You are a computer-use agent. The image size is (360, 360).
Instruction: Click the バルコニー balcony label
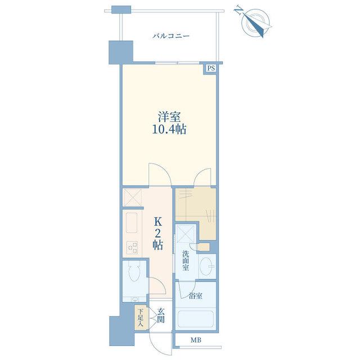point(171,36)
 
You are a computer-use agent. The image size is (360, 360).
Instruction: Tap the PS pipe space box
point(211,68)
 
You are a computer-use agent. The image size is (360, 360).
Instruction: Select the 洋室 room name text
point(169,117)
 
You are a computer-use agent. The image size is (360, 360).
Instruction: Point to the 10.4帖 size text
point(169,130)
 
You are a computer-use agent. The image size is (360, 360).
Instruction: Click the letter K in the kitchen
point(158,222)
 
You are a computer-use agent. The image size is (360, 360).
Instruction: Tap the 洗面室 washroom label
point(186,260)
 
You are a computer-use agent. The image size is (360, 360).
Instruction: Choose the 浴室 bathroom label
point(196,296)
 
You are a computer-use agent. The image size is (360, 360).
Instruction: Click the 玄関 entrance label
point(161,315)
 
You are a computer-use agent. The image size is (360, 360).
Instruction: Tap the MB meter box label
point(196,340)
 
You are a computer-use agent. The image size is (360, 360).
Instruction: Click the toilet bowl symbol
point(134,272)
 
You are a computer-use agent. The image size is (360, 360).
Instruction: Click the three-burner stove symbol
point(132,247)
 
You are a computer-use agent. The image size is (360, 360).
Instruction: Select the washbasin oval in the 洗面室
point(206,266)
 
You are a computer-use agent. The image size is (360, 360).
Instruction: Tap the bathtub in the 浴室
point(196,320)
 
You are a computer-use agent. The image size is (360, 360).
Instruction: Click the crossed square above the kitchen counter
point(132,197)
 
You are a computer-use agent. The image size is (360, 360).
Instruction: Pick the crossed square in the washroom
point(186,234)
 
